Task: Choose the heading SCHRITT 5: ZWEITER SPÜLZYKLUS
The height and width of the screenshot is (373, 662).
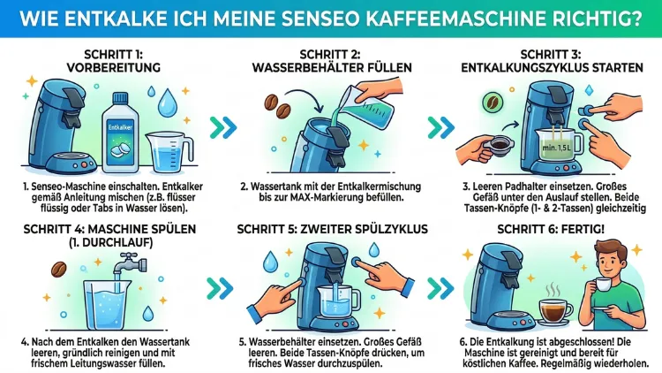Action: (331, 230)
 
